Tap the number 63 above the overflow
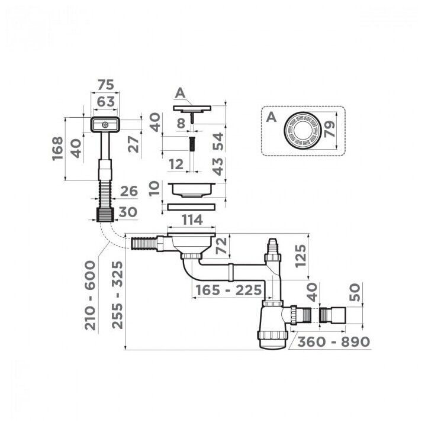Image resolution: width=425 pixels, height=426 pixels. click(105, 101)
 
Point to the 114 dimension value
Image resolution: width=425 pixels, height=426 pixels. click(191, 220)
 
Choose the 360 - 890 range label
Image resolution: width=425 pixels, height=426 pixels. click(333, 341)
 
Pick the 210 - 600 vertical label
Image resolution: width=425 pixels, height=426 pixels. click(91, 296)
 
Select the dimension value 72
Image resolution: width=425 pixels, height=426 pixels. click(221, 244)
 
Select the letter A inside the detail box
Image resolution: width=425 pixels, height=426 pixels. click(271, 117)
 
